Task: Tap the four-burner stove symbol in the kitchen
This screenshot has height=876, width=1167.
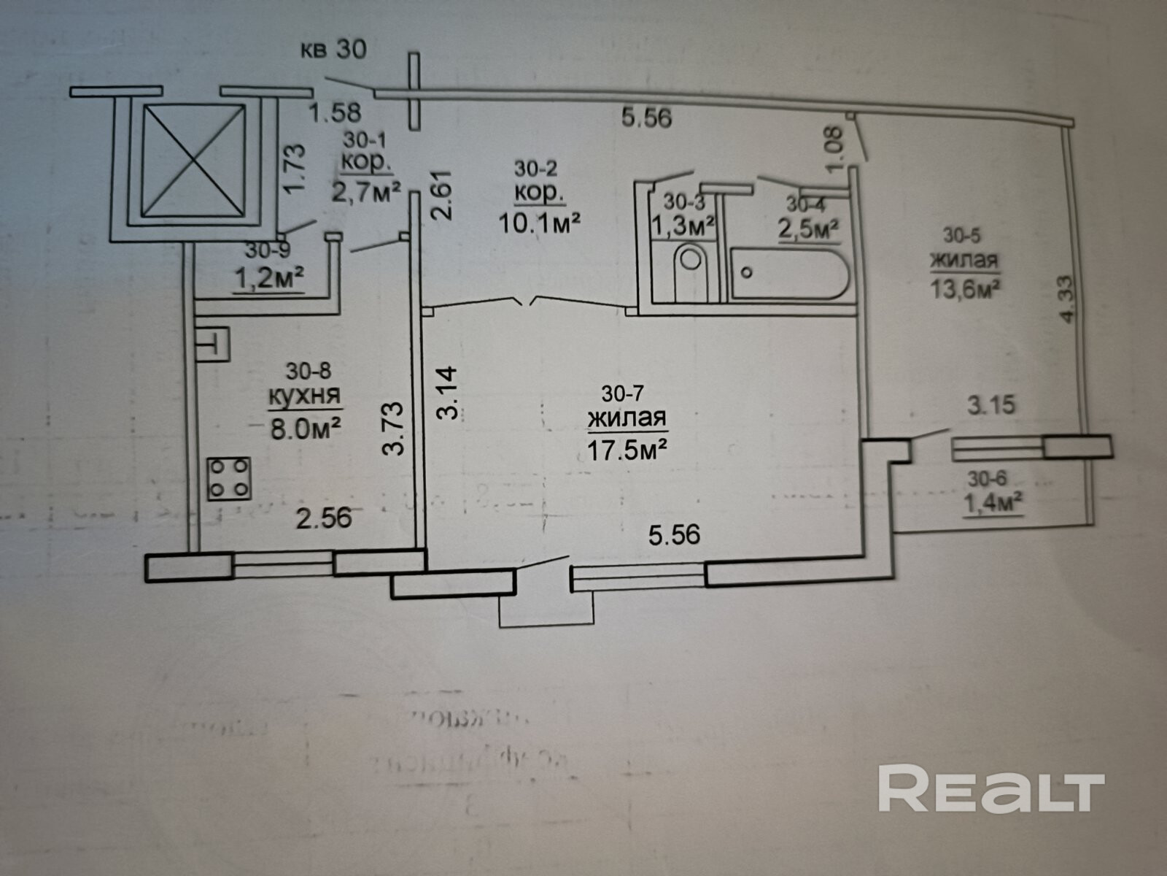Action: click(x=229, y=479)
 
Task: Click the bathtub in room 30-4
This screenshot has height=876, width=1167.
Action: click(x=790, y=274)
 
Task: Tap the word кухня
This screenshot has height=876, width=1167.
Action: click(x=304, y=396)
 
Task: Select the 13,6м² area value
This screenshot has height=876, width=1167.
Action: click(x=964, y=287)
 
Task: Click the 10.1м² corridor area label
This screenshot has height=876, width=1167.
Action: click(x=539, y=221)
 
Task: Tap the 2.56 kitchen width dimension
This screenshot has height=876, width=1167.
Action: click(x=324, y=518)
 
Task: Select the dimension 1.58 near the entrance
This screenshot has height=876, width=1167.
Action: click(x=335, y=113)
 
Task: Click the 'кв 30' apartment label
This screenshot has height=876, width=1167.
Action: click(x=333, y=50)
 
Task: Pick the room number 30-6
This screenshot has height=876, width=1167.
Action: click(x=988, y=479)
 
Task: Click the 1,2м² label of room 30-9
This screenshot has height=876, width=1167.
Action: click(x=268, y=278)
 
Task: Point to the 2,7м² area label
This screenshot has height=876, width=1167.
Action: click(x=366, y=192)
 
